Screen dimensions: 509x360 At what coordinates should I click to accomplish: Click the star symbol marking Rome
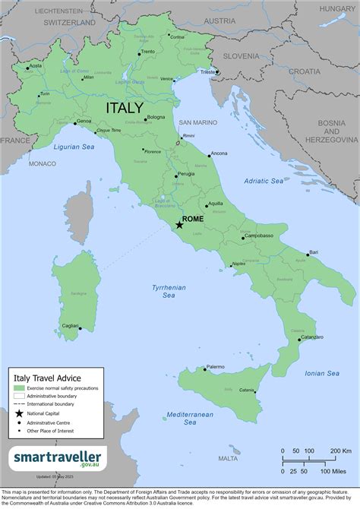[179, 225]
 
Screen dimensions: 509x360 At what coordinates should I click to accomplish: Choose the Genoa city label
[84, 121]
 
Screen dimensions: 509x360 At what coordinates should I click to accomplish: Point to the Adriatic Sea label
[264, 182]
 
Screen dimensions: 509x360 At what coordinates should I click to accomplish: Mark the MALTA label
[227, 458]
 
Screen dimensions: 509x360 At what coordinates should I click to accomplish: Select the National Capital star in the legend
[19, 413]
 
